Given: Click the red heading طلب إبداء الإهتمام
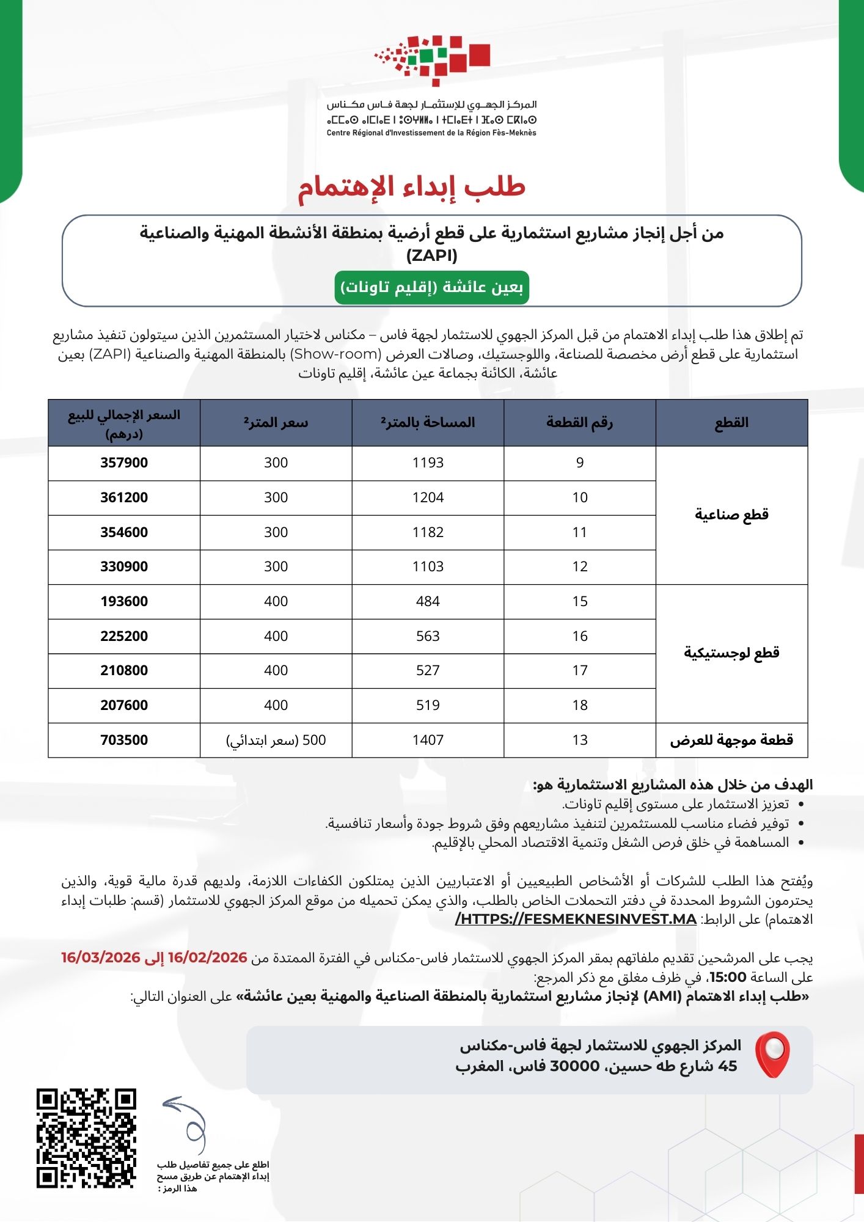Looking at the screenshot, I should (x=411, y=187).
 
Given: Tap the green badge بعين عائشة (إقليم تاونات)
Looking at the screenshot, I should (x=431, y=287).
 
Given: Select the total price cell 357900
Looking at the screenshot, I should (x=124, y=463).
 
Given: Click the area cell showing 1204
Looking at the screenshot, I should (x=428, y=498).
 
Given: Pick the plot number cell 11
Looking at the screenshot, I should (x=580, y=533).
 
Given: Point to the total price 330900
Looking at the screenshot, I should (x=124, y=567).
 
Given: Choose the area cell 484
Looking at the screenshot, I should (x=428, y=602).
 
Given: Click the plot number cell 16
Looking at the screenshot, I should (x=580, y=637).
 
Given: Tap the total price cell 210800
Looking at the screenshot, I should (x=124, y=671).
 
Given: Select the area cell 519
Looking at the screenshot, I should (x=428, y=706).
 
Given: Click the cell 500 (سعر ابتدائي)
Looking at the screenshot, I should (x=276, y=741).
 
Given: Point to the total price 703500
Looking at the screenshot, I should (x=124, y=741).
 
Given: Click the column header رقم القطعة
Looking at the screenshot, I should (x=580, y=423).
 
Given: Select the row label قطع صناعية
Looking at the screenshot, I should (x=731, y=514).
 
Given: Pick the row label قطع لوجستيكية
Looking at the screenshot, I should (x=731, y=653).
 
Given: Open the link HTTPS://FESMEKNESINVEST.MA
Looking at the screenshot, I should (x=576, y=920).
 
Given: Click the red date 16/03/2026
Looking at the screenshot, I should (x=101, y=957).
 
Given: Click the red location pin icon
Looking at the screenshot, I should (x=772, y=1055).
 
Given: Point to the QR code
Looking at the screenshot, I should (x=86, y=1138).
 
